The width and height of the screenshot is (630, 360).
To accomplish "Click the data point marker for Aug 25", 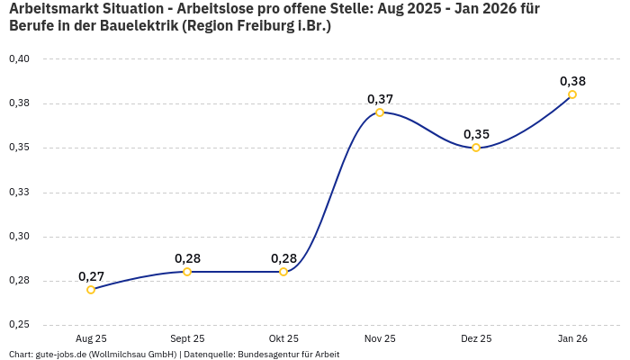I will pyautogui.click(x=91, y=290).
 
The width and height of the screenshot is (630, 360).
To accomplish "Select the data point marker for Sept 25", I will pyautogui.click(x=187, y=272).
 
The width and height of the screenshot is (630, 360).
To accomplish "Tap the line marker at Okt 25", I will pyautogui.click(x=283, y=272).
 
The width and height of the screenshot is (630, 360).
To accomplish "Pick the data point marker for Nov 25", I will pyautogui.click(x=380, y=112).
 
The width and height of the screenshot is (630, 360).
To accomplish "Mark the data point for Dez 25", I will pyautogui.click(x=476, y=148).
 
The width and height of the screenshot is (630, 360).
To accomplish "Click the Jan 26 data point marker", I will pyautogui.click(x=572, y=94).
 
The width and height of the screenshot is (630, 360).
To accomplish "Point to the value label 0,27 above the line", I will pyautogui.click(x=91, y=276).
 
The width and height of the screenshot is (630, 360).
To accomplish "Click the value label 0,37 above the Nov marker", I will pyautogui.click(x=380, y=99).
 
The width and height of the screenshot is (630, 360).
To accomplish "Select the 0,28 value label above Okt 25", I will pyautogui.click(x=283, y=258).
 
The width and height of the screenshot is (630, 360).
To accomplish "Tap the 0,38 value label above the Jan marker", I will pyautogui.click(x=572, y=81).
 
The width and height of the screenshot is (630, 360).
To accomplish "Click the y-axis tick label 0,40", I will pyautogui.click(x=19, y=59).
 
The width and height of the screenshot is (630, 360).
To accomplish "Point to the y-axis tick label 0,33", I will pyautogui.click(x=19, y=192).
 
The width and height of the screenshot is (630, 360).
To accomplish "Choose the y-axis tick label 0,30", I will pyautogui.click(x=19, y=237).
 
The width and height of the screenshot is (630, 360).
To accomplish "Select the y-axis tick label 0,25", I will pyautogui.click(x=19, y=325).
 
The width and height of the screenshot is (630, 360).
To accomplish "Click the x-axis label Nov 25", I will pyautogui.click(x=380, y=339).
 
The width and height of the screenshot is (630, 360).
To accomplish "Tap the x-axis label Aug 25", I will pyautogui.click(x=91, y=339).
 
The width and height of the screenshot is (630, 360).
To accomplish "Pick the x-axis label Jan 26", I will pyautogui.click(x=572, y=339).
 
